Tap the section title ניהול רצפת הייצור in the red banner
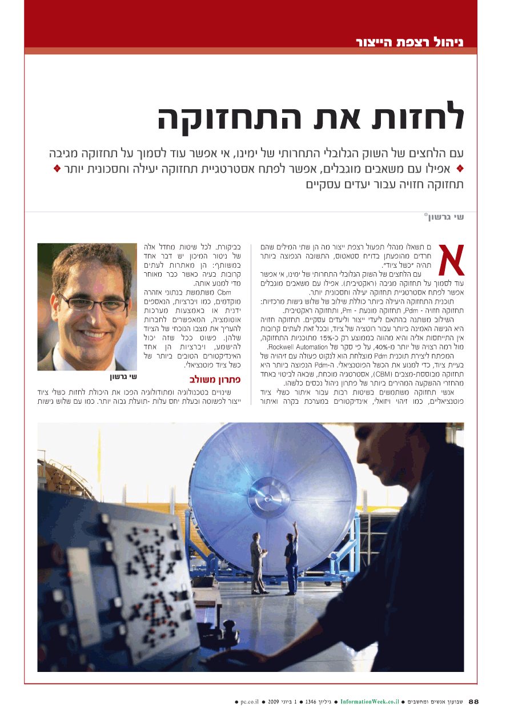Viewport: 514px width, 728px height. [x=409, y=42]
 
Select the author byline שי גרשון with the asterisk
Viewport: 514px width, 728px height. [x=444, y=217]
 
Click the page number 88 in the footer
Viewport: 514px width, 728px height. [x=474, y=701]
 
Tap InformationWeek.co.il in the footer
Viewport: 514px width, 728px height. [x=369, y=701]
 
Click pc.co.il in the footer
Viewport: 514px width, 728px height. [x=250, y=701]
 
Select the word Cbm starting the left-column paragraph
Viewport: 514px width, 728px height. [x=223, y=292]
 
